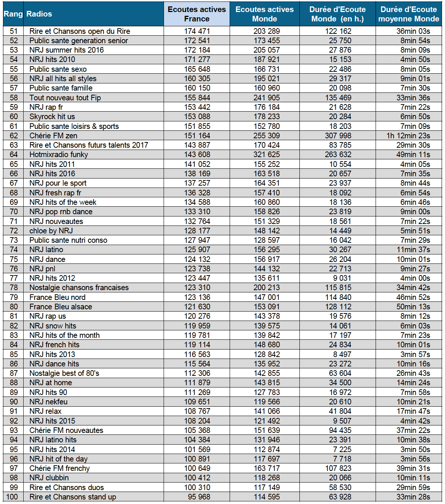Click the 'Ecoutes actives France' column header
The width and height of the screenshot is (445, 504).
coord(197,14)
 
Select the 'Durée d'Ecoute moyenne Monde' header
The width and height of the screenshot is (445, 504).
coord(409,14)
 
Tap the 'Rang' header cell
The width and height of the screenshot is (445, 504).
coord(13,14)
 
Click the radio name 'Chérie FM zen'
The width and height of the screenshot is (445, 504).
coord(53,136)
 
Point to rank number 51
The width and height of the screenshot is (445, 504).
coord(14,31)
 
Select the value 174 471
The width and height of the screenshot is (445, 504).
coord(197,31)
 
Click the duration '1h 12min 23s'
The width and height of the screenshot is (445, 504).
coord(408,136)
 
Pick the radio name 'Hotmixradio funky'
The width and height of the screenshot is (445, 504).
coord(59,154)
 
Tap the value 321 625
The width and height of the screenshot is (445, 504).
coord(266,154)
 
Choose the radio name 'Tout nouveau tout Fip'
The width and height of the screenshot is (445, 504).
coord(65,98)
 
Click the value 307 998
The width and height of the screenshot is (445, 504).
coord(338,136)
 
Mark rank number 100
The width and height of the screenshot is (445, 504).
coord(12,497)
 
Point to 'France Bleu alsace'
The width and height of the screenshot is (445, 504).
coord(61,307)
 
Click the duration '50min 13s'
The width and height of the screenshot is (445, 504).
coord(413,307)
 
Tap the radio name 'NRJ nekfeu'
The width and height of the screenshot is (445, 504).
coord(48,402)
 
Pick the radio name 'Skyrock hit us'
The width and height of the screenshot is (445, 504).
coord(52,117)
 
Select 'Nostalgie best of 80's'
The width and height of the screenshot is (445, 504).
coord(64,373)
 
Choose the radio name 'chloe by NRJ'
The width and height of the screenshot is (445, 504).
coord(51,231)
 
